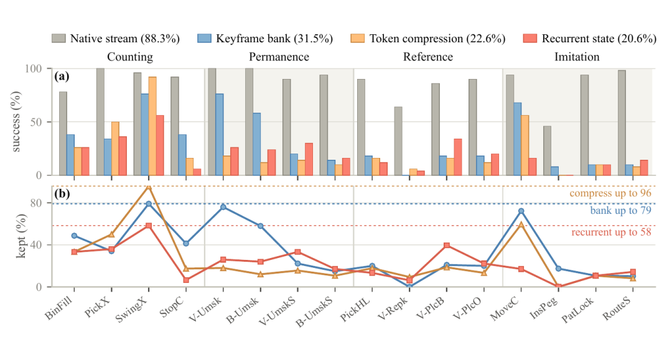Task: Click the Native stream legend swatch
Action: click(58, 39)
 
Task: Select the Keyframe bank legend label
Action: click(274, 39)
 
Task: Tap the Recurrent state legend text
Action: click(599, 39)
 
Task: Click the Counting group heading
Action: click(130, 57)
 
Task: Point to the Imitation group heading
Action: click(577, 57)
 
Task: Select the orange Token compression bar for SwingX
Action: click(152, 126)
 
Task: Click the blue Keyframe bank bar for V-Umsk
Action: click(219, 134)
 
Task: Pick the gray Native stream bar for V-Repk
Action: click(398, 141)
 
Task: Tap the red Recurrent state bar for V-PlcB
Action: click(458, 157)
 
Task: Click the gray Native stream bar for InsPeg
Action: click(548, 150)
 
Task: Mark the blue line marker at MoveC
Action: click(521, 211)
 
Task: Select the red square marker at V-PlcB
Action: click(447, 245)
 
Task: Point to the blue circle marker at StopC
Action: click(185, 244)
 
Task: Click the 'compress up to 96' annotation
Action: click(610, 193)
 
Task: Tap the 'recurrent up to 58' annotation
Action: click(611, 232)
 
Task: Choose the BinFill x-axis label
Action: click(58, 308)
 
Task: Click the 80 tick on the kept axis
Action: click(36, 203)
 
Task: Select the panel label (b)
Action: click(62, 193)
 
